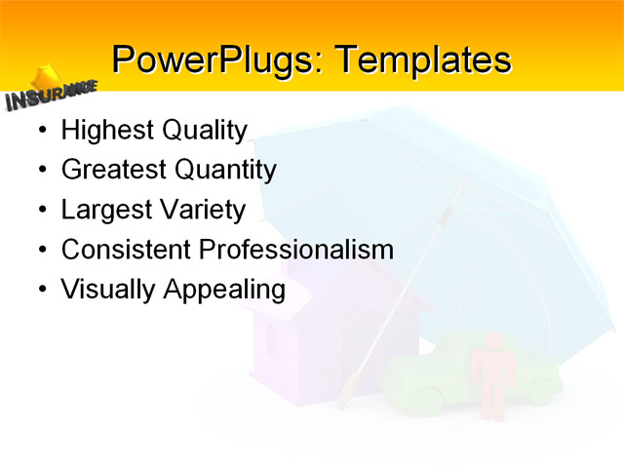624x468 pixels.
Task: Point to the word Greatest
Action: (x=114, y=171)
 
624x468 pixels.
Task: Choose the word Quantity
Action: (x=225, y=171)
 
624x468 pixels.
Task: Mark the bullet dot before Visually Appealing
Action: (x=40, y=290)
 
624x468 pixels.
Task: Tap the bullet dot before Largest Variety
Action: (x=40, y=211)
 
